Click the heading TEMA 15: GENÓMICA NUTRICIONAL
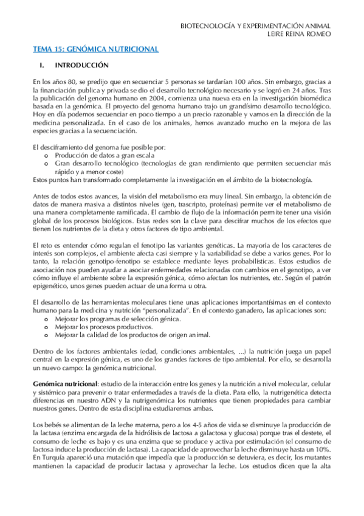[95, 49]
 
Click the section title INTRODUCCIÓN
[81, 64]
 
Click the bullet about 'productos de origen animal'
[132, 335]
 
